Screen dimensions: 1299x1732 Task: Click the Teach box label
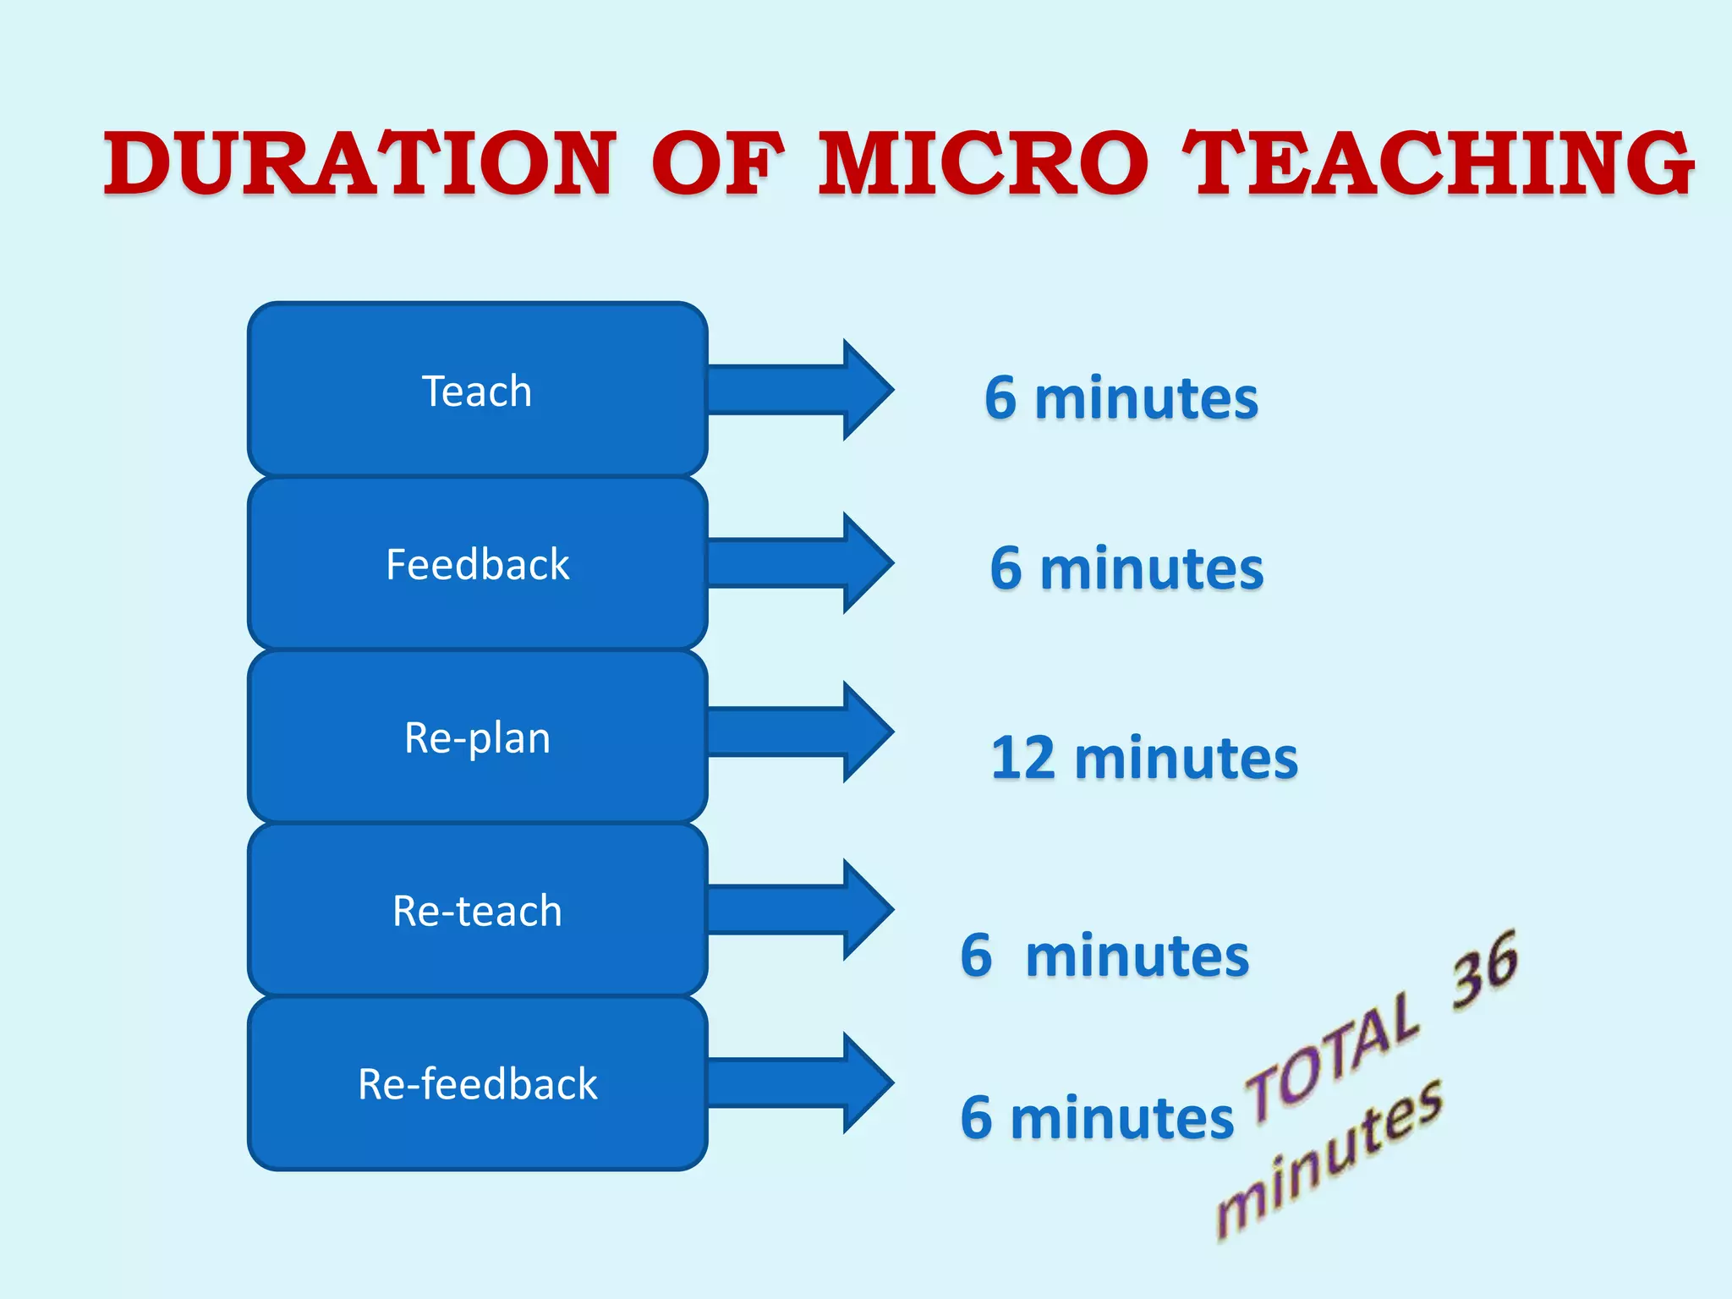(x=477, y=392)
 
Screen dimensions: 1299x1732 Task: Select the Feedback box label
(x=477, y=565)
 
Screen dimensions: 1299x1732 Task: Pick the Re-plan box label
(x=477, y=737)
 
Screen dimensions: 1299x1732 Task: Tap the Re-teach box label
(x=477, y=912)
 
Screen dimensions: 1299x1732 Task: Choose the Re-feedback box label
(x=477, y=1084)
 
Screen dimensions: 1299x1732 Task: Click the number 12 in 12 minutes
(x=1022, y=758)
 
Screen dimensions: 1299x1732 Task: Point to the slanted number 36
(x=1485, y=971)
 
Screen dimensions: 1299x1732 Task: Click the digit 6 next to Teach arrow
(x=1000, y=397)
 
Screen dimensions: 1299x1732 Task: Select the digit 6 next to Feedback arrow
(x=1006, y=568)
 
